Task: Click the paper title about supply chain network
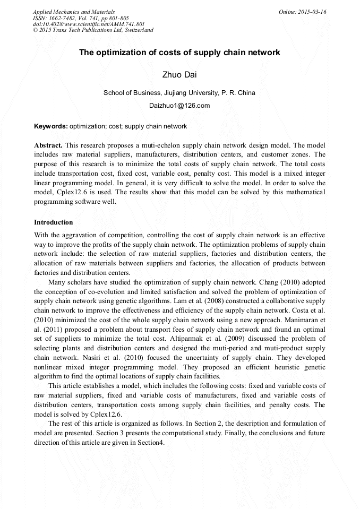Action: pos(179,53)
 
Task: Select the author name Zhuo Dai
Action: pos(179,74)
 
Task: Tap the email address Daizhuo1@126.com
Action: pos(179,105)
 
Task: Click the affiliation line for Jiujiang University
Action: pos(179,92)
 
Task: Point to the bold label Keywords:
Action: pos(50,126)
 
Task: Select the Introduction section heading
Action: pos(54,222)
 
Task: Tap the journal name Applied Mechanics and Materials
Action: pos(74,12)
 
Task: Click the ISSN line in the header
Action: pos(81,18)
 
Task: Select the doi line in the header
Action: pos(89,24)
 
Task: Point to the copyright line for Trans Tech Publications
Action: pos(93,30)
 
